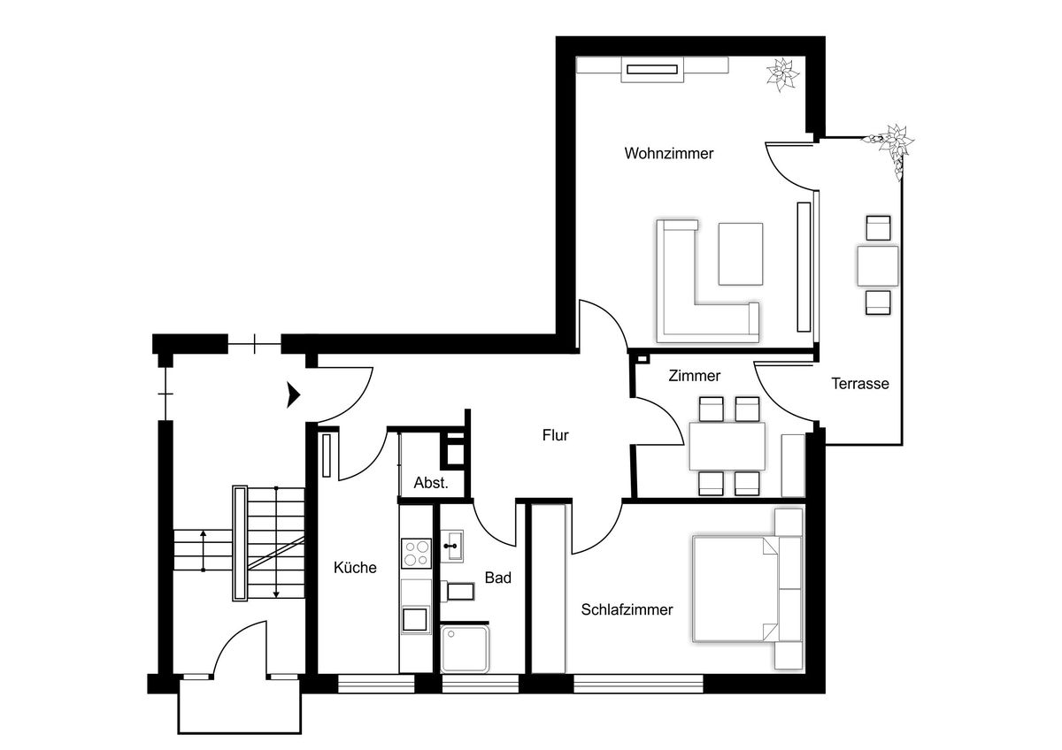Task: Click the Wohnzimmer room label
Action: [x=668, y=154]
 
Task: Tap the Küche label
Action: [x=355, y=567]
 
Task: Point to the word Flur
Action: [x=555, y=435]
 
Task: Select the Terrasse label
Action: [x=860, y=383]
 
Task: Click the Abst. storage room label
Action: [x=431, y=483]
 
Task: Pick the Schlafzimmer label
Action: [x=627, y=609]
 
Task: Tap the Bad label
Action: [x=497, y=578]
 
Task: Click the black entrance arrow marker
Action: [x=294, y=394]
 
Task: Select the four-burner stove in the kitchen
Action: [x=416, y=554]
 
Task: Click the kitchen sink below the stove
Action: [x=416, y=620]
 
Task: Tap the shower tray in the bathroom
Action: [x=465, y=649]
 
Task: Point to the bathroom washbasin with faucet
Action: [x=452, y=546]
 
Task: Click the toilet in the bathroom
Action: [x=458, y=592]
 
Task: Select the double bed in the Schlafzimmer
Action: [x=735, y=589]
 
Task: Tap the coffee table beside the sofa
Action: [x=741, y=254]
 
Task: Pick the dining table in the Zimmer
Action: [x=727, y=447]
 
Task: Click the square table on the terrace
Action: [x=878, y=266]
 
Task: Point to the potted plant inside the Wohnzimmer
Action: [x=782, y=74]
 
